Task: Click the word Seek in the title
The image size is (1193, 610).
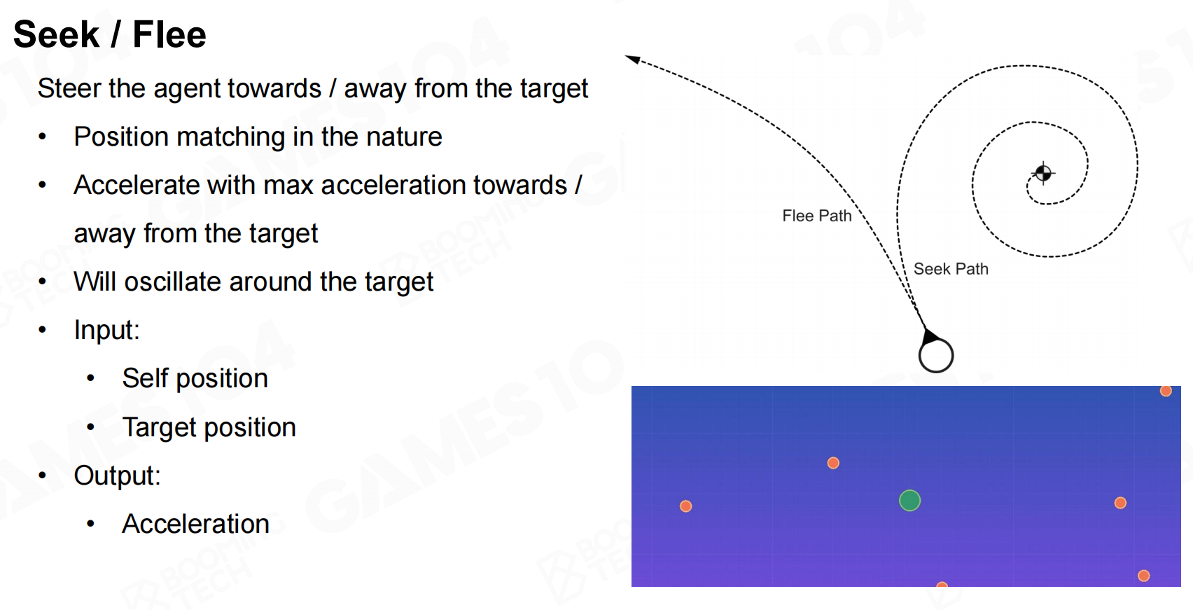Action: pos(57,34)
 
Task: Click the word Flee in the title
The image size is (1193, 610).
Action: pos(169,34)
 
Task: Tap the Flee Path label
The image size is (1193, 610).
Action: pos(817,216)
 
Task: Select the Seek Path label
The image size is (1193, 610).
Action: pos(951,268)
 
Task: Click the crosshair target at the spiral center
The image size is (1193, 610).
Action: pos(1042,173)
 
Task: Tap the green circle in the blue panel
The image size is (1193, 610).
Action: pos(909,500)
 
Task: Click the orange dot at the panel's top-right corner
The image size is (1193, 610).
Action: pos(1166,391)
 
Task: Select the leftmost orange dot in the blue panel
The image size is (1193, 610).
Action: pos(686,506)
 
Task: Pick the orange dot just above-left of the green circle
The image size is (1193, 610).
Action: pos(834,463)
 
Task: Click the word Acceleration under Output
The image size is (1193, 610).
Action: pos(195,524)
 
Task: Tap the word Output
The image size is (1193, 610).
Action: pos(117,476)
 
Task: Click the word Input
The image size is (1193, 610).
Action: pos(106,331)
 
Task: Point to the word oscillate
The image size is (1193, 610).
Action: pos(172,282)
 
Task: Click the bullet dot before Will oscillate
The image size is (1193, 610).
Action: pos(43,282)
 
